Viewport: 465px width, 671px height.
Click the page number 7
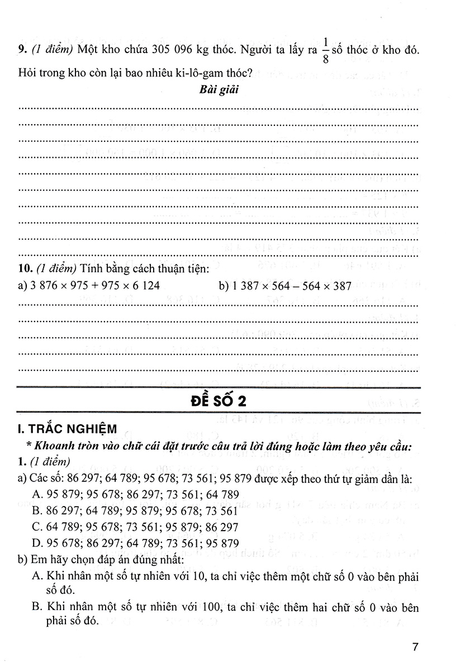click(415, 648)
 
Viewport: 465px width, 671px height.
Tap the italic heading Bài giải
click(219, 89)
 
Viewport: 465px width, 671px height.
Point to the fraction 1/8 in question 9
click(325, 49)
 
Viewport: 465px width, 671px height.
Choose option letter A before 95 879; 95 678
click(37, 495)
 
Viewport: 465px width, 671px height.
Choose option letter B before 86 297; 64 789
click(37, 511)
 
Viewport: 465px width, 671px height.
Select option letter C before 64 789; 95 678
click(37, 527)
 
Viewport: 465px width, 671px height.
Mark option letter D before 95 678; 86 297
click(37, 544)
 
